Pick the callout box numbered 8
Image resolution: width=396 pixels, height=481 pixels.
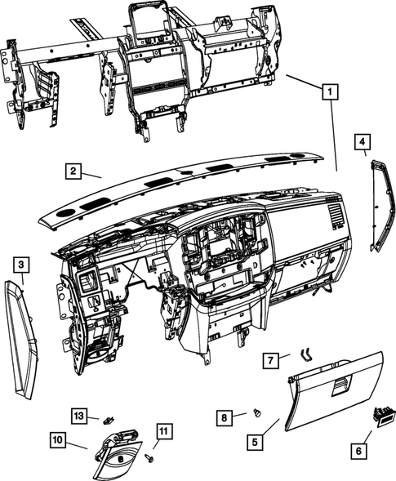click(223, 416)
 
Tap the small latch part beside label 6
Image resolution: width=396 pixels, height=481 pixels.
click(380, 415)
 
